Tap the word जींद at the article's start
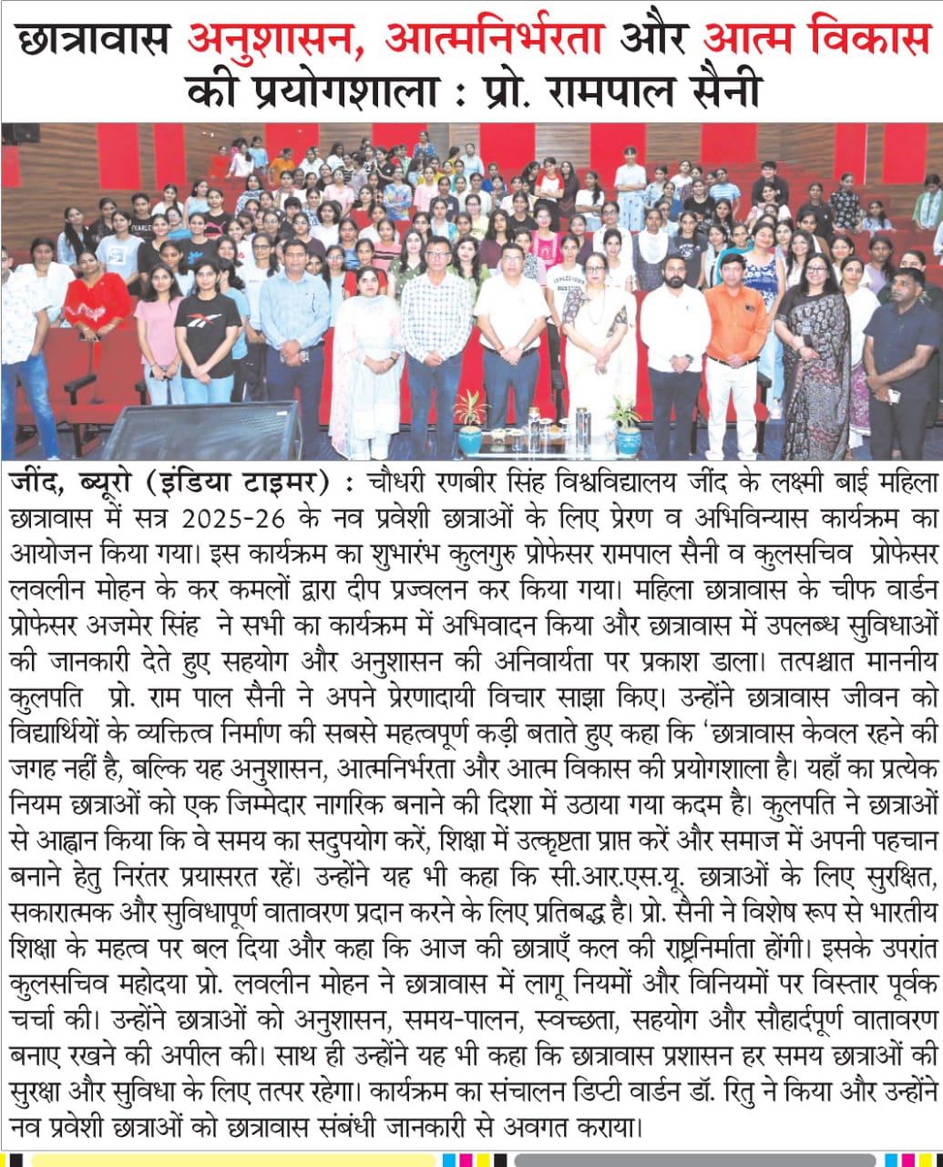pos(35,482)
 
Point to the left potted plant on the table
pos(471,422)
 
